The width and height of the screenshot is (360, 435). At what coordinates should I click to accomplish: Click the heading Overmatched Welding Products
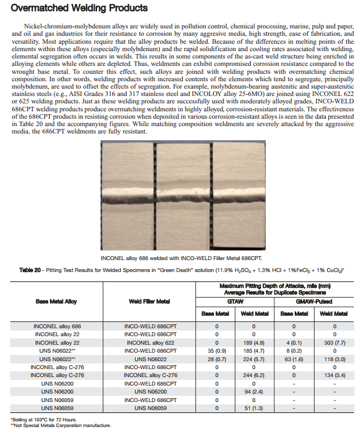pyautogui.click(x=79, y=8)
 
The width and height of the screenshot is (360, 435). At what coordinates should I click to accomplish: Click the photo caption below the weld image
pyautogui.click(x=181, y=258)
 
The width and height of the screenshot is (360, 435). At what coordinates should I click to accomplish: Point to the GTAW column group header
pyautogui.click(x=235, y=302)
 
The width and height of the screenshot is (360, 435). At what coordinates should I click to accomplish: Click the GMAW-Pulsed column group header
pyautogui.click(x=314, y=302)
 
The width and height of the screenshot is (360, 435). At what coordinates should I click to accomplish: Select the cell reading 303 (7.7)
pyautogui.click(x=334, y=343)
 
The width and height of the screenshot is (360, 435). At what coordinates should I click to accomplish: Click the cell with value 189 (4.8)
pyautogui.click(x=253, y=343)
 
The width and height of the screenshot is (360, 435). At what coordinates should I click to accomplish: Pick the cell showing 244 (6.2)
pyautogui.click(x=253, y=375)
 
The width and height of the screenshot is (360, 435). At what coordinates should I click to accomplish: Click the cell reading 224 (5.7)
pyautogui.click(x=253, y=359)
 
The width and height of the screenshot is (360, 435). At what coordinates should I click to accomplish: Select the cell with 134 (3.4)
pyautogui.click(x=334, y=375)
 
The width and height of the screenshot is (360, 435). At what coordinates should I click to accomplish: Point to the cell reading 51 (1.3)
pyautogui.click(x=253, y=408)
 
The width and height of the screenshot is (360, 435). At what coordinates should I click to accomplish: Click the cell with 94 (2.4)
pyautogui.click(x=253, y=392)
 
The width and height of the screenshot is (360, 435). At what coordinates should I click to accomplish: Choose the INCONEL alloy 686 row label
pyautogui.click(x=57, y=327)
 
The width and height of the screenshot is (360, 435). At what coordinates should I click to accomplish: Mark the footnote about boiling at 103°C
pyautogui.click(x=44, y=420)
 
